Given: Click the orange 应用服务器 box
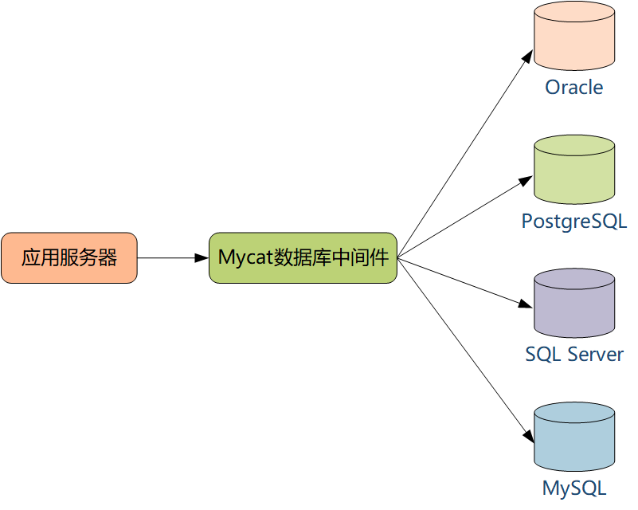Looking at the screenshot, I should [x=69, y=257].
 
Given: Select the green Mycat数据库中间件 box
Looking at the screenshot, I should [x=303, y=257].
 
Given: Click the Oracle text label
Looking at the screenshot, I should [x=574, y=87].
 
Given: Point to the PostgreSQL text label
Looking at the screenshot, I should [x=574, y=221].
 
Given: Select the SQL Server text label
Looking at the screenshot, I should [x=574, y=354].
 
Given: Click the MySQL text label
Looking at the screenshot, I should [x=574, y=487].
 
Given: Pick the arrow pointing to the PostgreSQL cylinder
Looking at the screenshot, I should [x=465, y=218].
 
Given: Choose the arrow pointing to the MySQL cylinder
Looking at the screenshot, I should [x=465, y=349].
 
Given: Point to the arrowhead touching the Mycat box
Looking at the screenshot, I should [x=202, y=257].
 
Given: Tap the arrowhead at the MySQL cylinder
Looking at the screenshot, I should [x=528, y=435].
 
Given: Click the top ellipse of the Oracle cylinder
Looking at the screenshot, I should [x=574, y=14].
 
